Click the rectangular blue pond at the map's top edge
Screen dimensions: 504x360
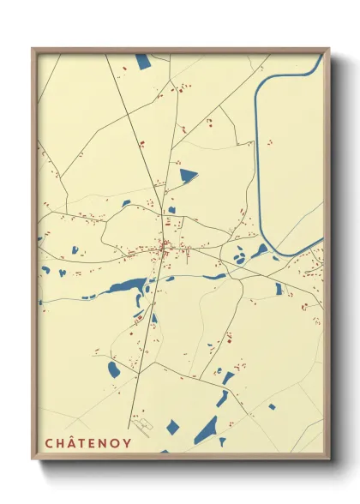pyautogui.click(x=141, y=61)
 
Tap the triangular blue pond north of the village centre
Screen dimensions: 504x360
pyautogui.click(x=187, y=176)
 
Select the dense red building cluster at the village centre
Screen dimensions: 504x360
pyautogui.click(x=165, y=249)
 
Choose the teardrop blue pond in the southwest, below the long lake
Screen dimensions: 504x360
pyautogui.click(x=113, y=369)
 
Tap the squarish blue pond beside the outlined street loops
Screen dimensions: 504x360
pyautogui.click(x=172, y=426)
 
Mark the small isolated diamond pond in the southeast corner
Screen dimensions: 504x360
pyautogui.click(x=272, y=406)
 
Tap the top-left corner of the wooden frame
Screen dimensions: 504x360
pyautogui.click(x=33, y=49)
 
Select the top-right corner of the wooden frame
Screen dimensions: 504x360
pyautogui.click(x=329, y=49)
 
